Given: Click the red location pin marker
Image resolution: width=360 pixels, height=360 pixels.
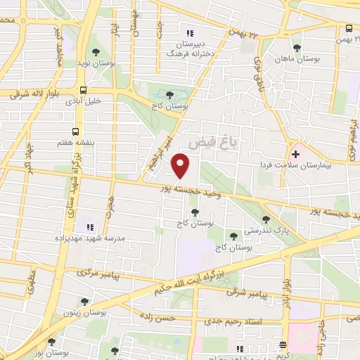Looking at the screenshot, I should coord(181,166).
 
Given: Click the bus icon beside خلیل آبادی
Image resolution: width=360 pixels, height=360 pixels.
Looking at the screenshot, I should coord(84,90).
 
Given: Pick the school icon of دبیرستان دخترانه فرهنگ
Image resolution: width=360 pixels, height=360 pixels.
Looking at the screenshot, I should coord(188,32).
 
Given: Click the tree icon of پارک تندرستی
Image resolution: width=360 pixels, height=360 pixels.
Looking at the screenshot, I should coord(265,219).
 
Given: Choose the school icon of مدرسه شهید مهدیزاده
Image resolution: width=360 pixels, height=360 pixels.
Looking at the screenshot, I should coord(89,227).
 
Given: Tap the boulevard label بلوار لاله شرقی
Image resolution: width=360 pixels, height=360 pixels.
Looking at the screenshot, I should coord(23,93).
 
